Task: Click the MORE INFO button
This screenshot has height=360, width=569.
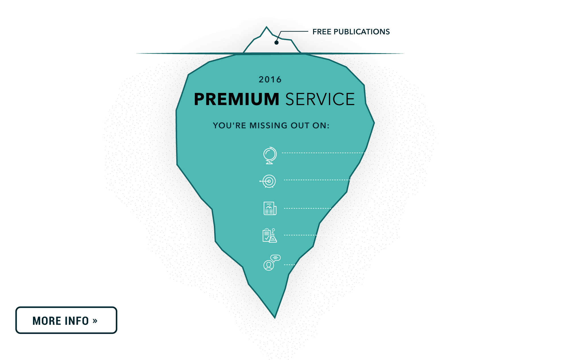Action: (x=66, y=320)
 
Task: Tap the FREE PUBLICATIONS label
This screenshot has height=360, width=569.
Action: (x=351, y=32)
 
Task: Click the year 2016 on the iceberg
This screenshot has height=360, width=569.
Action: (x=270, y=80)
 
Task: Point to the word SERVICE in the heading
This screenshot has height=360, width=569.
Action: (x=320, y=99)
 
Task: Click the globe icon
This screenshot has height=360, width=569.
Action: (x=270, y=155)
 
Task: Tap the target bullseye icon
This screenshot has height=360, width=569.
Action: (x=269, y=181)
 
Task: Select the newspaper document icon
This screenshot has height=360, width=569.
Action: (x=270, y=209)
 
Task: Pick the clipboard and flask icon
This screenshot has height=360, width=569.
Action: (x=269, y=235)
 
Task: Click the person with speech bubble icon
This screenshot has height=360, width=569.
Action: (x=271, y=263)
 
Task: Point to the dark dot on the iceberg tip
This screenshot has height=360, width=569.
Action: (x=276, y=43)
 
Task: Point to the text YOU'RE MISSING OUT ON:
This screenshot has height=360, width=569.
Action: (x=271, y=126)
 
